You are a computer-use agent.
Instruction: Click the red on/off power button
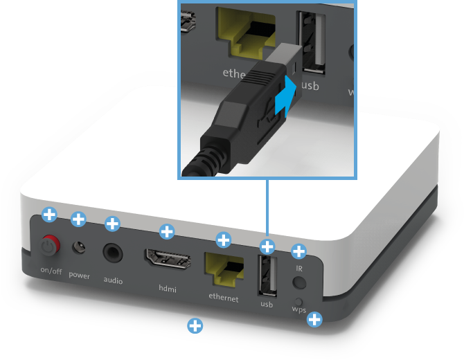[x=49, y=244]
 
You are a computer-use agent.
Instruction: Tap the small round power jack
[x=82, y=247]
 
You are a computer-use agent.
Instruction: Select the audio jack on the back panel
[x=112, y=251]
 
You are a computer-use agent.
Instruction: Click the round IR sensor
[x=299, y=282]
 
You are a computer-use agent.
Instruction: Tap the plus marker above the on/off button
[x=49, y=214]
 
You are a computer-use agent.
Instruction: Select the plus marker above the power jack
[x=79, y=220]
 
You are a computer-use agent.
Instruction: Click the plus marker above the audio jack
[x=112, y=224]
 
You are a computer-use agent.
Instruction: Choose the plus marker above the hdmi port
[x=167, y=231]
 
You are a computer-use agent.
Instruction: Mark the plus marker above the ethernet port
[x=224, y=240]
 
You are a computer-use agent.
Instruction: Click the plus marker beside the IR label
[x=299, y=251]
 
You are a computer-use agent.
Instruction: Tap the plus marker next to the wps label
[x=314, y=319]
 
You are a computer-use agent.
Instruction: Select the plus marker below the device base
[x=195, y=325]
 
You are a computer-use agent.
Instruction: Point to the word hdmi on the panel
[x=167, y=289]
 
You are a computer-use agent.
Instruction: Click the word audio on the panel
[x=113, y=280]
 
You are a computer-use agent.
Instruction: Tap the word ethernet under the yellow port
[x=224, y=298]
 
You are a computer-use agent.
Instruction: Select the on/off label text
[x=51, y=271]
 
